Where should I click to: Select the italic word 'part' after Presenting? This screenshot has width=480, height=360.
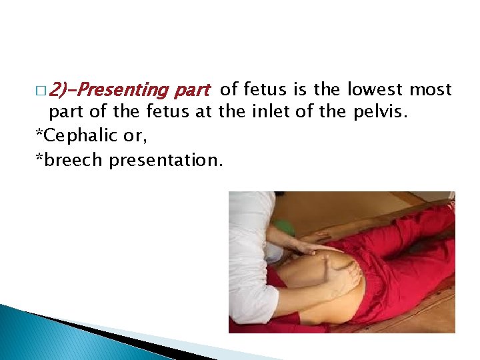(x=193, y=89)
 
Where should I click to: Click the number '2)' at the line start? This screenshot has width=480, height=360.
(x=59, y=89)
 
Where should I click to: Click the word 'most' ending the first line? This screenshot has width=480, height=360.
(x=431, y=89)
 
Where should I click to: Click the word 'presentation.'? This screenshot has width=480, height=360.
(x=166, y=160)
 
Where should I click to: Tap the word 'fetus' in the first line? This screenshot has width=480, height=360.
(x=264, y=89)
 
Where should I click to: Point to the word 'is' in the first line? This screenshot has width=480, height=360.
(x=300, y=89)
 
